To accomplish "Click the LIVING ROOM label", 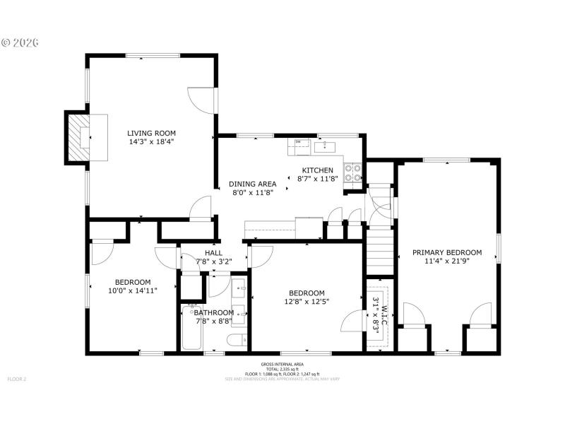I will pos(151,133).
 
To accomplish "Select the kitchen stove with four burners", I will pos(352,173).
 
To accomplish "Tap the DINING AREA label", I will pos(253,184).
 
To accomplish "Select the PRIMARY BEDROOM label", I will pos(447,252).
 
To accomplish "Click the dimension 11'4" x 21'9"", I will pos(447,261).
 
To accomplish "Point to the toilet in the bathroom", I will pos(236,341).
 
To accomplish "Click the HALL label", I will pos(213,253).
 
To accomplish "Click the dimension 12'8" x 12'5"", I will pos(306,302).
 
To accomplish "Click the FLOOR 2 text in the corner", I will pos(16,379).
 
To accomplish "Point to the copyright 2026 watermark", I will pos(20,42).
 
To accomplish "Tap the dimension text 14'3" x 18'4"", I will pos(151,141).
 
